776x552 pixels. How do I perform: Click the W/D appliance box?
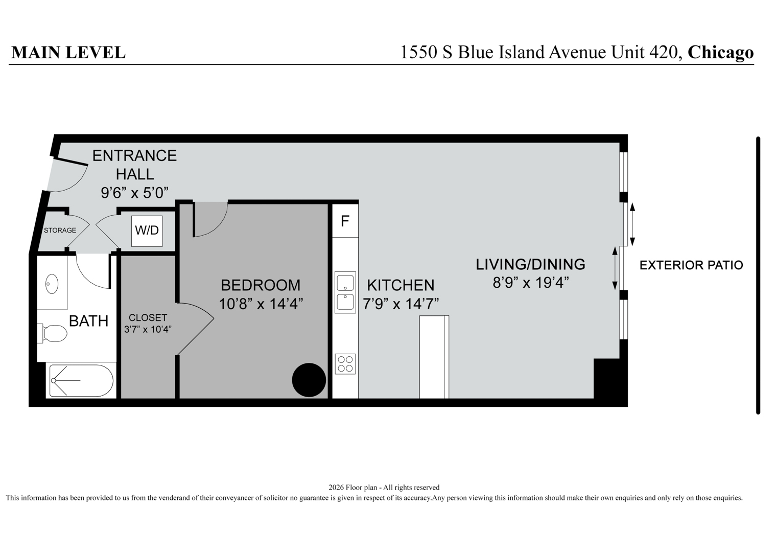pyautogui.click(x=147, y=231)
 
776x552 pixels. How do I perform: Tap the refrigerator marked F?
pyautogui.click(x=345, y=221)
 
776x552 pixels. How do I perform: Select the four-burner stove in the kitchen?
pyautogui.click(x=345, y=364)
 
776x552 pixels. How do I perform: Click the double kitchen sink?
pyautogui.click(x=345, y=292)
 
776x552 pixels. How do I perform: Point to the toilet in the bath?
pyautogui.click(x=52, y=333)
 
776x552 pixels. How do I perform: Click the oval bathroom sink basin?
pyautogui.click(x=52, y=284)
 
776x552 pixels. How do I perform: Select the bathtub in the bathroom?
pyautogui.click(x=81, y=380)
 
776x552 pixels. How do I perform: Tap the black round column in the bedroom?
pyautogui.click(x=309, y=380)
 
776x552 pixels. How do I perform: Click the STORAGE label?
pyautogui.click(x=60, y=230)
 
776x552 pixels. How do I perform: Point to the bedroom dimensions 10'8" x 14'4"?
pyautogui.click(x=261, y=304)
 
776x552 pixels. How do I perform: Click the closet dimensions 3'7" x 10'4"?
pyautogui.click(x=148, y=329)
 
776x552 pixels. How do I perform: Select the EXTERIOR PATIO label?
pyautogui.click(x=691, y=265)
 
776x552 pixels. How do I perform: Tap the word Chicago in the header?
pyautogui.click(x=720, y=52)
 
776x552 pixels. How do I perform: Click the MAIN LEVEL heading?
pyautogui.click(x=68, y=52)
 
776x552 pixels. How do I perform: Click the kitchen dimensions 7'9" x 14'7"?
pyautogui.click(x=401, y=304)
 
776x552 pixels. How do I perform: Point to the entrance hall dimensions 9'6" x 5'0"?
pyautogui.click(x=135, y=193)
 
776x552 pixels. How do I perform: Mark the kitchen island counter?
pyautogui.click(x=434, y=357)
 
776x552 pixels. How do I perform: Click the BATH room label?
pyautogui.click(x=89, y=321)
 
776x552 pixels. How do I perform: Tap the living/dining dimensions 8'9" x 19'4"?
pyautogui.click(x=531, y=283)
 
